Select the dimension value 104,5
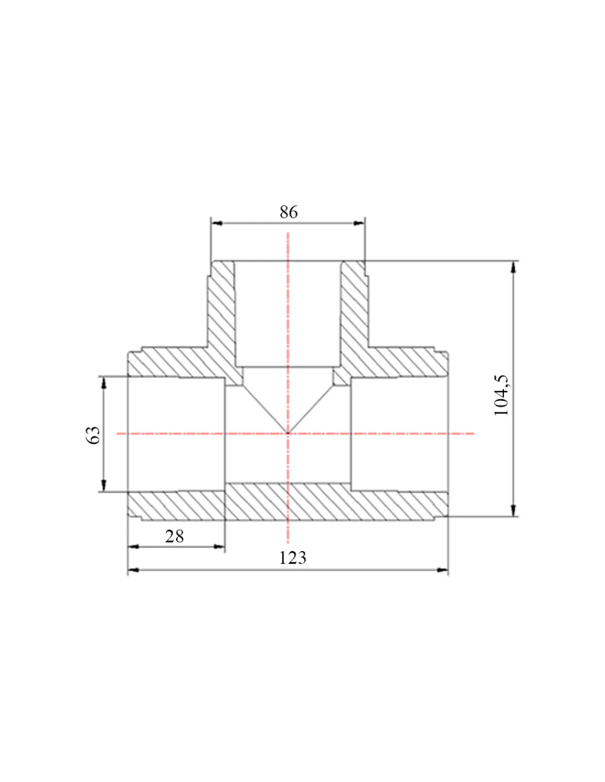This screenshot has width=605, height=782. [x=502, y=395]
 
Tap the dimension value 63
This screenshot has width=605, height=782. [x=94, y=435]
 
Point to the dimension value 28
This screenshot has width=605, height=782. [x=174, y=536]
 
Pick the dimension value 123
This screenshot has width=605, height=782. [x=293, y=558]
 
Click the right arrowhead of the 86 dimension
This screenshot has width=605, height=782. [x=359, y=223]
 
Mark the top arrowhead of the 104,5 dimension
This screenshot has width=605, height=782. [x=514, y=267]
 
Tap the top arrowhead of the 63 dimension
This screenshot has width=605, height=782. [x=104, y=383]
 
